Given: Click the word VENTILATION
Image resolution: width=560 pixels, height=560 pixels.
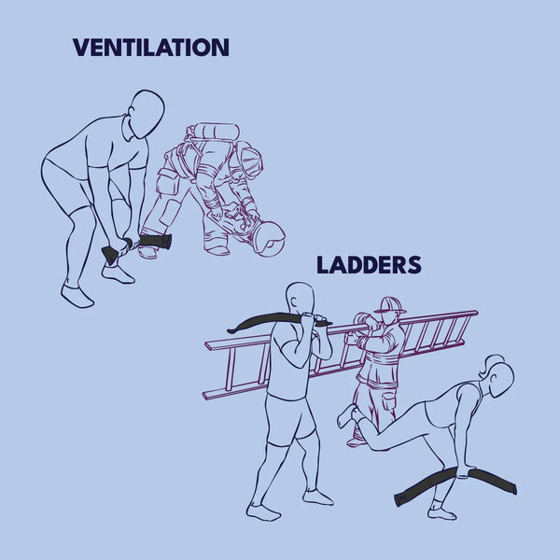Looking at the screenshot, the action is [x=150, y=48].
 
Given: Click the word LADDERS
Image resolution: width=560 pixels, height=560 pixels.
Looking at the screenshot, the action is [x=369, y=265].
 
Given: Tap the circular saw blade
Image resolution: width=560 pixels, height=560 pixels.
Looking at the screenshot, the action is [x=270, y=237].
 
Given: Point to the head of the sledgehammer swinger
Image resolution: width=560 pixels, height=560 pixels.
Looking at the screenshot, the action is [x=146, y=114].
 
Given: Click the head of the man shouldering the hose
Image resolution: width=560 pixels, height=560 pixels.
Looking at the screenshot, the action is [x=301, y=299].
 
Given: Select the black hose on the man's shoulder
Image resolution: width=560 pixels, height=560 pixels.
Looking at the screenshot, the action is [x=275, y=318].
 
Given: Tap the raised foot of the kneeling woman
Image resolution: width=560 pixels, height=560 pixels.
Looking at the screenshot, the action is [x=346, y=415].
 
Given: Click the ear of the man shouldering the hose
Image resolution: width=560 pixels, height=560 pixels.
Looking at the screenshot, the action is [x=293, y=301].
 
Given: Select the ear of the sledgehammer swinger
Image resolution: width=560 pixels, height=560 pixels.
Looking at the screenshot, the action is [x=133, y=112].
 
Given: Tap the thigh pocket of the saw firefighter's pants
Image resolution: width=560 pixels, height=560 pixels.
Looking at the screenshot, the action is [x=167, y=182].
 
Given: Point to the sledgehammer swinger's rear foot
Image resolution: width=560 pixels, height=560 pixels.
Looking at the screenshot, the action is [x=77, y=296].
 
